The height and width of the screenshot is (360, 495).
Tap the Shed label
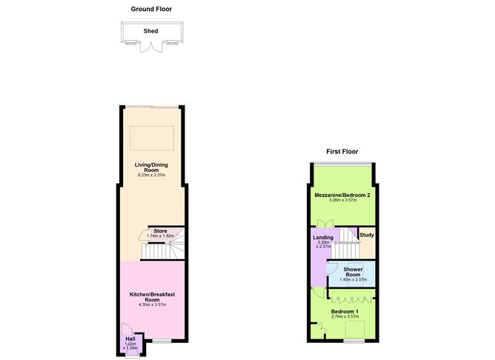[x=151, y=31]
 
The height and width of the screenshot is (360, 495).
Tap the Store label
[x=159, y=231]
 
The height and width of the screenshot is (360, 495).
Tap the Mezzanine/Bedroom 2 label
[x=343, y=195]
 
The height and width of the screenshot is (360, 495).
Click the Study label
[x=367, y=236]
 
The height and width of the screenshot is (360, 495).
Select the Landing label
[x=323, y=238]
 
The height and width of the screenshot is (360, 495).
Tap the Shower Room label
[x=353, y=271]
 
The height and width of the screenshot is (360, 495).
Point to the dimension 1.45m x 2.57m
[x=353, y=280]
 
